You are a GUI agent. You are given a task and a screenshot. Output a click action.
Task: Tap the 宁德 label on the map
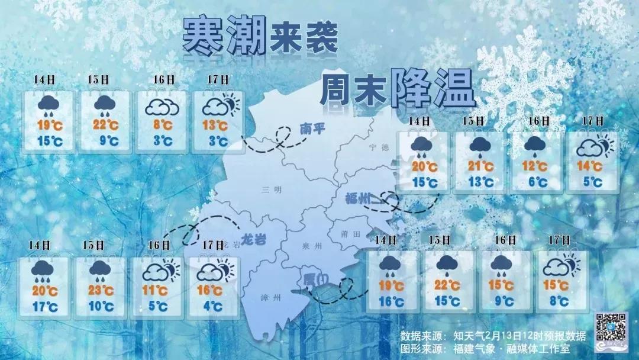[x=376, y=147]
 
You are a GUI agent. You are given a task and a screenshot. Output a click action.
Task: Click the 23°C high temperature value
[x=101, y=290]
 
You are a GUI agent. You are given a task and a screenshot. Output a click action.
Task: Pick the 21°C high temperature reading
[x=480, y=166]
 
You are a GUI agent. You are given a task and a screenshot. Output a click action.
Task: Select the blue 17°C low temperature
[x=46, y=306]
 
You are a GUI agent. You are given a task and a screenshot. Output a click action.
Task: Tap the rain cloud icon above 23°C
[x=101, y=269]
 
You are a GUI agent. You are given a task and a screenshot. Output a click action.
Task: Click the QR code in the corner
[x=610, y=326]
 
